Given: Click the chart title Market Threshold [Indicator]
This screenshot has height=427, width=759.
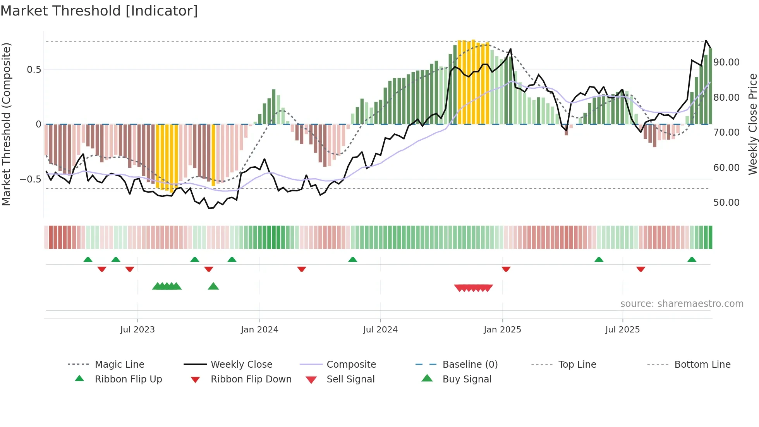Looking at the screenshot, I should (x=99, y=11).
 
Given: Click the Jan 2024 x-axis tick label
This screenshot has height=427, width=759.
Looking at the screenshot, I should (x=259, y=329).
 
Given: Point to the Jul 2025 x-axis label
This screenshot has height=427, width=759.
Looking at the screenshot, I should (x=622, y=329).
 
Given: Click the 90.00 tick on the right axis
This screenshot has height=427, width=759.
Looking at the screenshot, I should (x=726, y=62).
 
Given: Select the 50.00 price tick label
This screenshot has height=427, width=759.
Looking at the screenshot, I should (x=726, y=202).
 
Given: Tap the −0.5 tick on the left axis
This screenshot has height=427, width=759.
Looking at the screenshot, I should (x=30, y=179).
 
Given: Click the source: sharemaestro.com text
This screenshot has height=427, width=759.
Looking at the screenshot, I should (x=682, y=303).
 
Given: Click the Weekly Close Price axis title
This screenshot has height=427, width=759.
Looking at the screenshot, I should (x=752, y=124).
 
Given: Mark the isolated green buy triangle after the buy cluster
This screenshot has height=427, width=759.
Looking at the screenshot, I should (x=213, y=286).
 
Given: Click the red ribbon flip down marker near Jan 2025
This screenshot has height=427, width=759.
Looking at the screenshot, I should (x=506, y=269).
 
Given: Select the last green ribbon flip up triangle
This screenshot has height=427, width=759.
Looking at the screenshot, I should (x=692, y=260).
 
